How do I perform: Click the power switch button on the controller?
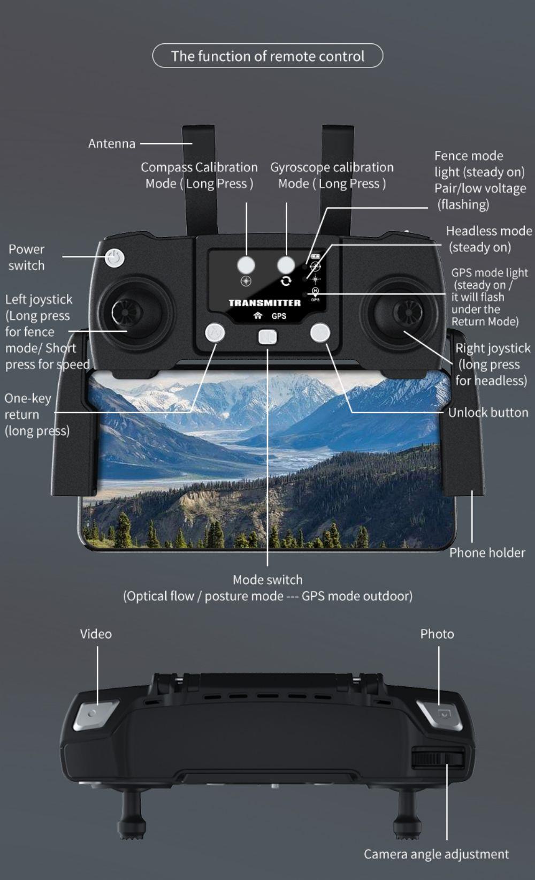[x=114, y=258]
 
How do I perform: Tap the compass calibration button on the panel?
[x=246, y=264]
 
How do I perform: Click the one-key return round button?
[x=215, y=332]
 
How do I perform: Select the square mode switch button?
[x=267, y=337]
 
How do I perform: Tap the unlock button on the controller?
[x=320, y=332]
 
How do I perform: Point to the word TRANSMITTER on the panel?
[x=264, y=302]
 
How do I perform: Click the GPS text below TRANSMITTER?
[x=279, y=316]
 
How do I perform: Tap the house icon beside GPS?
[x=258, y=316]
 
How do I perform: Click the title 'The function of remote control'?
[x=267, y=56]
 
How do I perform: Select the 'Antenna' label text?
[x=111, y=143]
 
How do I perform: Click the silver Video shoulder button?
[x=96, y=714]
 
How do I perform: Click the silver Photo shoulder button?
[x=440, y=715]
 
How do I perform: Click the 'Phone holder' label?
[x=487, y=552]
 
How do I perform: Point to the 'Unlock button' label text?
[x=487, y=412]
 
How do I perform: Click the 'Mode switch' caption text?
[x=267, y=580]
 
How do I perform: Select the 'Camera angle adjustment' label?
[x=436, y=854]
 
